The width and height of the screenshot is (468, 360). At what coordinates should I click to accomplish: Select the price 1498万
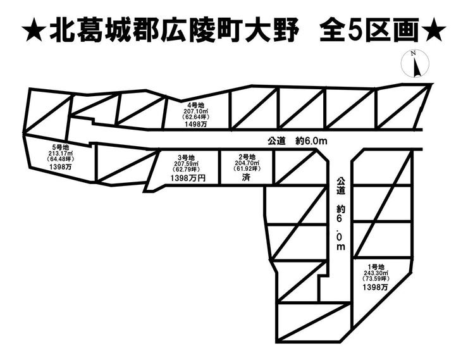(x=196, y=125)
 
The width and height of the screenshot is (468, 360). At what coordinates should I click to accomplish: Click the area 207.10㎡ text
(x=196, y=111)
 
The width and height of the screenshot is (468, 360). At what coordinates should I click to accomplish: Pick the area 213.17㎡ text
(x=61, y=154)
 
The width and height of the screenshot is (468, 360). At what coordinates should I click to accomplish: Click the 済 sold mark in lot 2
(x=247, y=179)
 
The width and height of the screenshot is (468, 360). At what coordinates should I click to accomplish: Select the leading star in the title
(x=34, y=30)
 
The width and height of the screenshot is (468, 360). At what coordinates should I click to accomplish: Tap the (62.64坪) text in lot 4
(x=196, y=117)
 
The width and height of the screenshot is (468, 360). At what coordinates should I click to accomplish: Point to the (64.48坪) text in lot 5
(x=61, y=159)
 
